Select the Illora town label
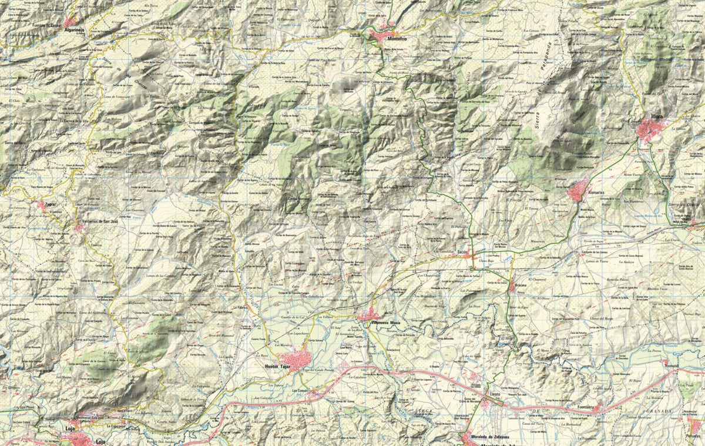click(x=656, y=116)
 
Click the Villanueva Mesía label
click(x=385, y=323)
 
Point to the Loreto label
click(x=494, y=392)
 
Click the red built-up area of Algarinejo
click(x=70, y=21)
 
